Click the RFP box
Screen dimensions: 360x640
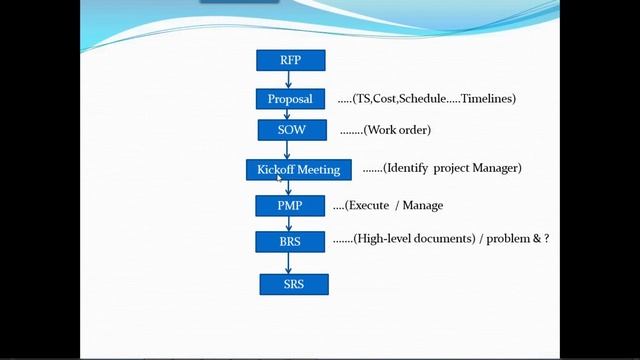pos(290,61)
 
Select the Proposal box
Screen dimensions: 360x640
pos(290,99)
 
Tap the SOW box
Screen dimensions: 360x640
pos(290,130)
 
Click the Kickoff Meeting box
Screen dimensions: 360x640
pos(298,170)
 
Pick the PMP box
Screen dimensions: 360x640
pos(290,206)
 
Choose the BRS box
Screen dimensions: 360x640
pos(290,241)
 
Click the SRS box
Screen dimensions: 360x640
pos(293,285)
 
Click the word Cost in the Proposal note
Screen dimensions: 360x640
pos(386,99)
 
